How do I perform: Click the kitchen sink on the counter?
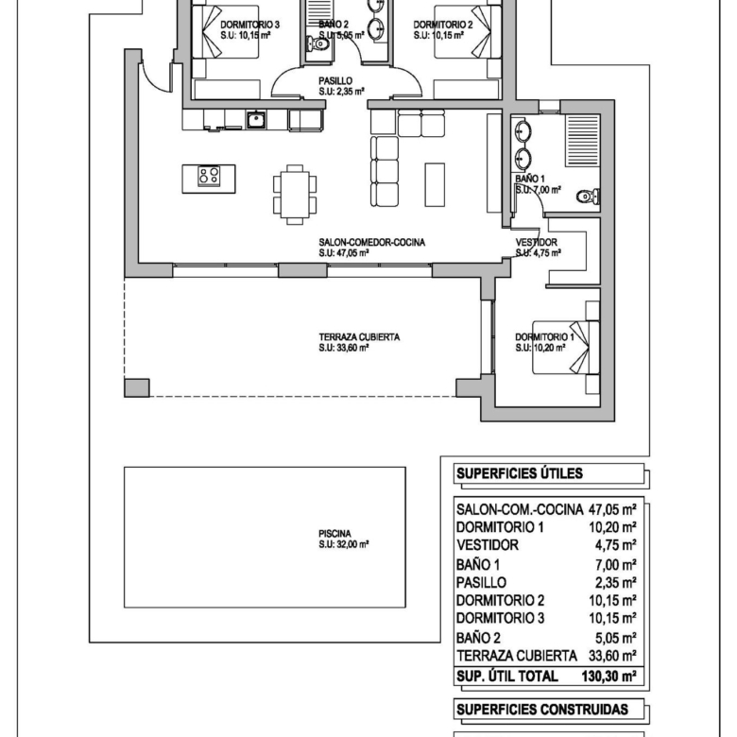click(x=256, y=119)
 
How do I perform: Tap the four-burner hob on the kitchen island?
click(x=209, y=177)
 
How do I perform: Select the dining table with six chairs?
click(x=295, y=194)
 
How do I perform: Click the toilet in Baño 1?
click(x=588, y=196)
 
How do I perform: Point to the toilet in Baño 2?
click(x=317, y=44)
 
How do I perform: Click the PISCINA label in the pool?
click(x=334, y=534)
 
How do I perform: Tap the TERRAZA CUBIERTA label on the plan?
click(x=359, y=337)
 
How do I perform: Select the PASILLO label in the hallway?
click(x=335, y=81)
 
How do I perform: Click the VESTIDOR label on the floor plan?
click(x=537, y=242)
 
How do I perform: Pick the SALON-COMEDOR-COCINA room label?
click(x=371, y=242)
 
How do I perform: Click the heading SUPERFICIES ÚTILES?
click(x=520, y=473)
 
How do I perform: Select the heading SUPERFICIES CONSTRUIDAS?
click(x=542, y=710)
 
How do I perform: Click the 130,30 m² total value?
click(x=608, y=677)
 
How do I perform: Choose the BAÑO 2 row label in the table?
click(x=478, y=638)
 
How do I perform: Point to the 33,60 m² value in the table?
click(x=612, y=655)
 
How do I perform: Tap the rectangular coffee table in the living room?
click(x=435, y=184)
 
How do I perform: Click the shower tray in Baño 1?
click(x=583, y=140)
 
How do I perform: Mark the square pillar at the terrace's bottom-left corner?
click(x=137, y=387)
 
